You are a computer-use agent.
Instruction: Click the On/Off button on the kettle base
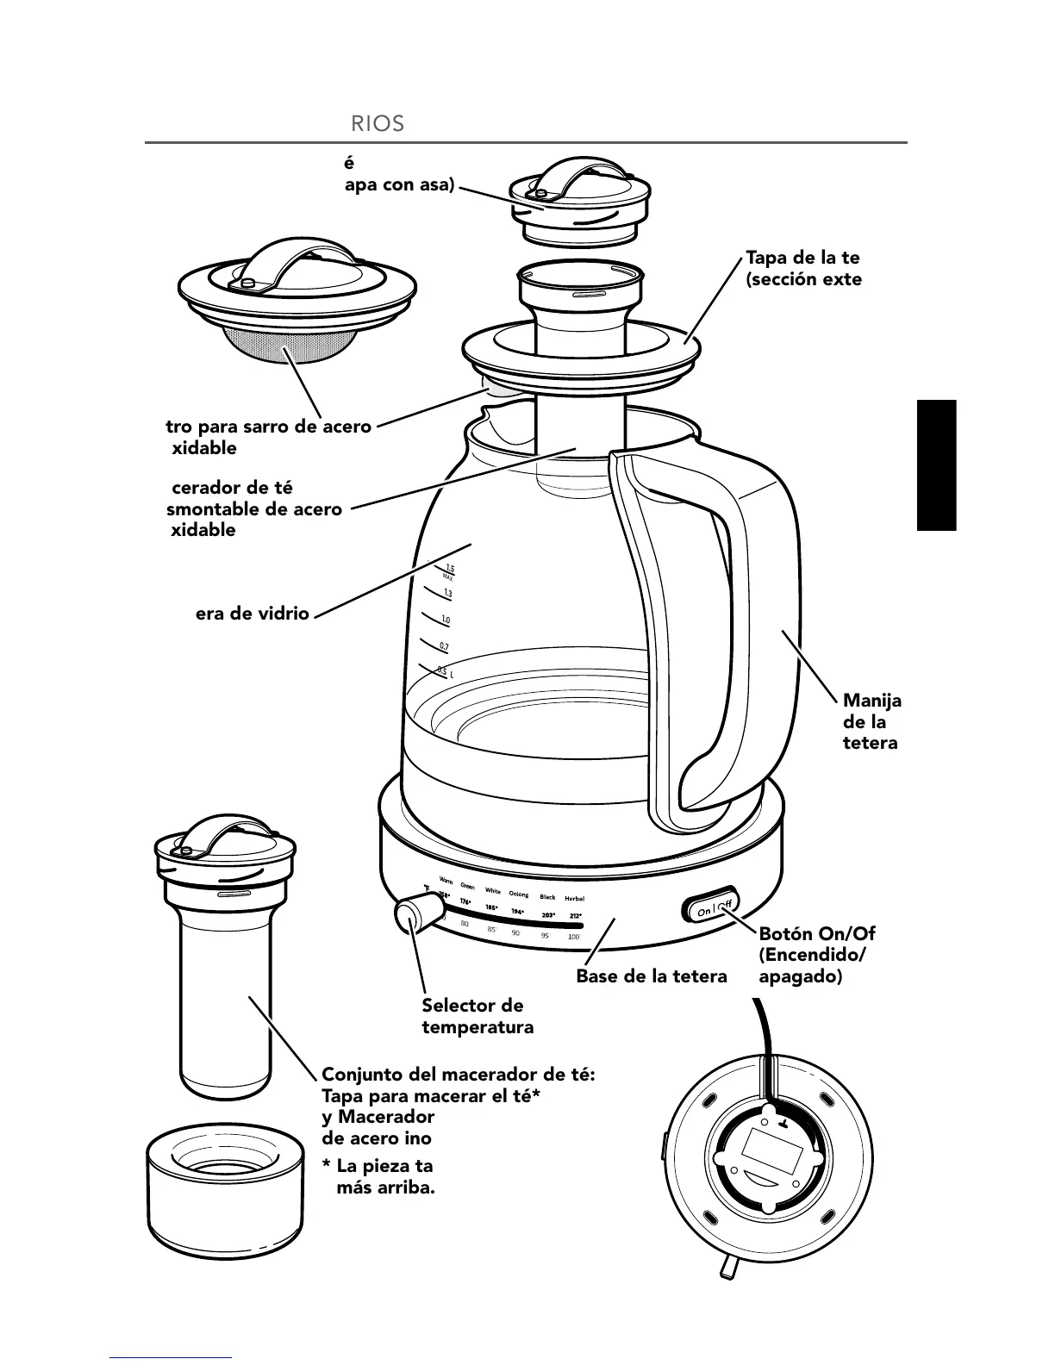pos(711,908)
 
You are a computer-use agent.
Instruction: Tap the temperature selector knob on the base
pos(413,913)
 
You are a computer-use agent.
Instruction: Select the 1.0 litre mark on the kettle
pos(445,620)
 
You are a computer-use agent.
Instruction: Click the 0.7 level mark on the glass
pos(443,645)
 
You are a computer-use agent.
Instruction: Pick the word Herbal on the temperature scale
pos(574,898)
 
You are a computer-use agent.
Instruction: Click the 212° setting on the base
pos(575,916)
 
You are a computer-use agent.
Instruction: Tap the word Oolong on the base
pos(519,894)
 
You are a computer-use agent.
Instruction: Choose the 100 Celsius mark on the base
pos(573,936)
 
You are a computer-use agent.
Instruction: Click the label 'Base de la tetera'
pos(652,976)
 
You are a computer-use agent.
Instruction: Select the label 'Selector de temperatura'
pos(477,1016)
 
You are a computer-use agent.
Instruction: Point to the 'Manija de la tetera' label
pos(871,722)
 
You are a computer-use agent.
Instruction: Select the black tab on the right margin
pos(936,465)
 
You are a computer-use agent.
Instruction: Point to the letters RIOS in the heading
pos(378,123)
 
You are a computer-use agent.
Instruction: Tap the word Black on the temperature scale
pos(547,897)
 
